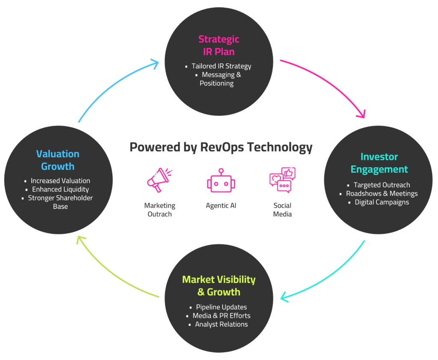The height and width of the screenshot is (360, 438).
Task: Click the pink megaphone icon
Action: coord(158,180)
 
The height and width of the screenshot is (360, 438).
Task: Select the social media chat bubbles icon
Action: coord(282,180)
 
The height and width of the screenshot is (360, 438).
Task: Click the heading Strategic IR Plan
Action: coord(219,45)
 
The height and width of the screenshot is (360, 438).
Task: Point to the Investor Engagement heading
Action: coord(379,163)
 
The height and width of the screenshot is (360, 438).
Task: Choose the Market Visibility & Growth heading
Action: coord(219,286)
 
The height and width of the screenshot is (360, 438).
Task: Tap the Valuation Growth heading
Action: coord(58,160)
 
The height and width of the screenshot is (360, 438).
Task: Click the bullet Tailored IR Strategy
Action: coord(221,66)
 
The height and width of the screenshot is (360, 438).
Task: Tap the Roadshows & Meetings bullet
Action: coord(382,194)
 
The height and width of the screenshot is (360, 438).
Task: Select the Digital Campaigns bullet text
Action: coord(382,202)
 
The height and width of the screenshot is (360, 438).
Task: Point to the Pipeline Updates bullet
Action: coord(221,307)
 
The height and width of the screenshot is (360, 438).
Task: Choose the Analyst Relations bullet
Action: coord(221,324)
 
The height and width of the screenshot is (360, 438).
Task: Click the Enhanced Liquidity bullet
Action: coord(60,189)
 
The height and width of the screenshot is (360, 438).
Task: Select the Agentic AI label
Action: coord(221,206)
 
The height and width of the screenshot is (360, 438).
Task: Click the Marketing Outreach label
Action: coord(160,210)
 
